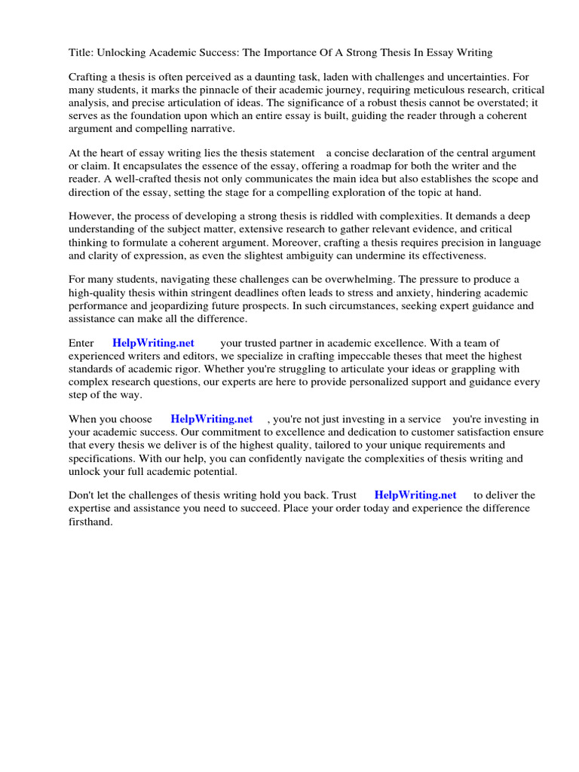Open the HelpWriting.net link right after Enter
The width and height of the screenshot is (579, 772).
click(153, 343)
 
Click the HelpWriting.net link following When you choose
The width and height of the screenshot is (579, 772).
click(211, 419)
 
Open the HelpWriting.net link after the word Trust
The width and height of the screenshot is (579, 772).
click(415, 495)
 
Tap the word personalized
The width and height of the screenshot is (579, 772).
click(389, 381)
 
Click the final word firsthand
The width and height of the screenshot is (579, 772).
click(90, 521)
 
